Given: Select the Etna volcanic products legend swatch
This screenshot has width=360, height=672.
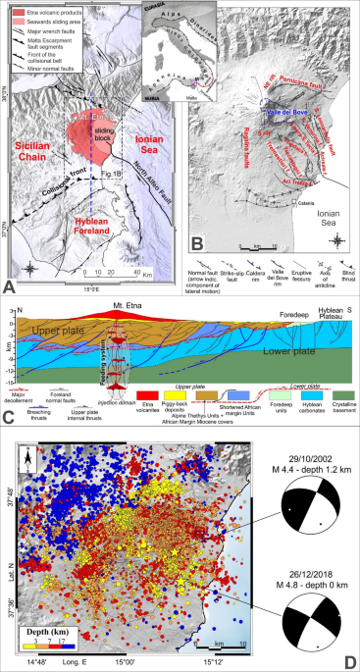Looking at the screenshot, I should (x=19, y=11).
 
